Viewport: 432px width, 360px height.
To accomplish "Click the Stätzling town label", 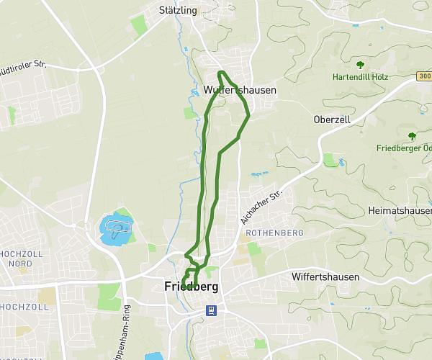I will (176, 10).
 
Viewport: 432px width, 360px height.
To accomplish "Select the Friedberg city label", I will (191, 287).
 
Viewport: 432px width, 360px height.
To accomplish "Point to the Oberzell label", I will (331, 120).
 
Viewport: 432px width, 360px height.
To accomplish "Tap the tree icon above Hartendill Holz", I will (360, 64).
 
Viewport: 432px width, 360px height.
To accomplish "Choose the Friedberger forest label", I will (403, 148).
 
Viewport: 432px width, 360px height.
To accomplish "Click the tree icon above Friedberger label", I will (412, 135).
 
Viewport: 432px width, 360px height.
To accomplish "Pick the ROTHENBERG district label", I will (274, 233).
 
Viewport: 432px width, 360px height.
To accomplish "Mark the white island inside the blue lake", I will (117, 228).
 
